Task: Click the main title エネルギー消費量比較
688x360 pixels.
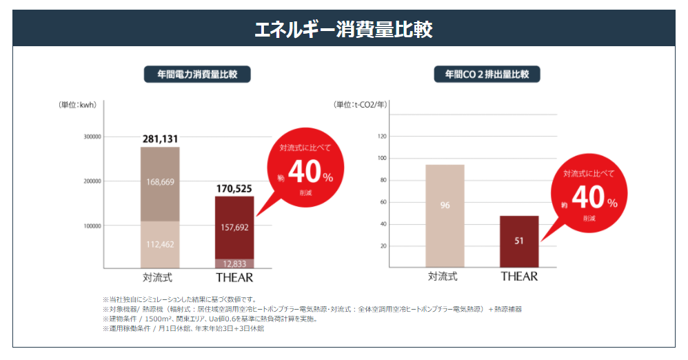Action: [343, 29]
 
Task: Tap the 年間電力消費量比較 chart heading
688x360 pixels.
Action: [197, 74]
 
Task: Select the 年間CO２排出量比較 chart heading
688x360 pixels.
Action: [487, 74]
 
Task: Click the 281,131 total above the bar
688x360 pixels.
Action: [161, 139]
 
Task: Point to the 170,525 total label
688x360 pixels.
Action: [234, 188]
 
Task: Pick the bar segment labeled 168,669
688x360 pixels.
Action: [161, 183]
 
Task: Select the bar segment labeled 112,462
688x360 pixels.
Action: [161, 243]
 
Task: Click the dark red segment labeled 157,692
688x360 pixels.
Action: [234, 227]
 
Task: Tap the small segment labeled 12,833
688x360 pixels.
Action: [234, 263]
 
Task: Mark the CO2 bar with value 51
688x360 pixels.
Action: [519, 241]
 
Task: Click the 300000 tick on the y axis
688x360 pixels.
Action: [92, 137]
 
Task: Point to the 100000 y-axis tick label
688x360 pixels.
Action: [92, 226]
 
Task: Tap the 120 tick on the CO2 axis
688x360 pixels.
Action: [383, 137]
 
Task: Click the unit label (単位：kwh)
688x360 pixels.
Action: [78, 106]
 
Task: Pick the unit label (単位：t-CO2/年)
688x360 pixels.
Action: [361, 106]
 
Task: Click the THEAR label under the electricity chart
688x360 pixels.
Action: [234, 278]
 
